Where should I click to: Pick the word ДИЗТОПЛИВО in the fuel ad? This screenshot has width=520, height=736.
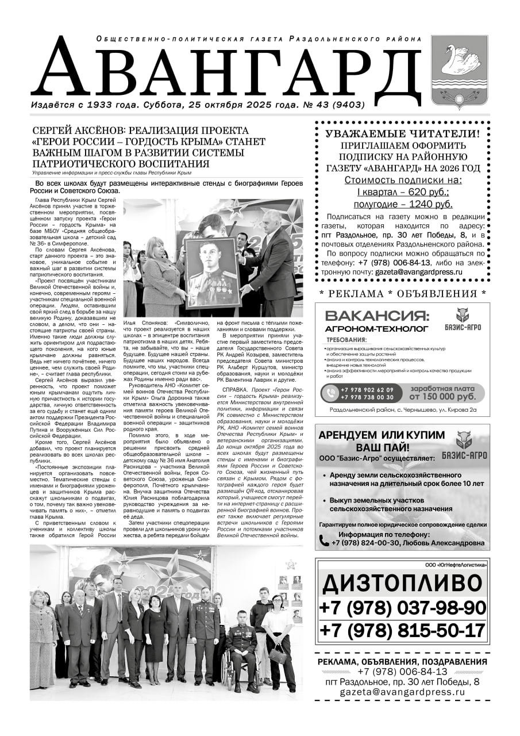[402, 584]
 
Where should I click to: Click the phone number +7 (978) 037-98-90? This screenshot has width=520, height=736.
[402, 607]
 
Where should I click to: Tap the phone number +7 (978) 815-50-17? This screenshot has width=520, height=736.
[402, 630]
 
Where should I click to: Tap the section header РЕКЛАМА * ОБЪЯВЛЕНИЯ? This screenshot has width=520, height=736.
[402, 293]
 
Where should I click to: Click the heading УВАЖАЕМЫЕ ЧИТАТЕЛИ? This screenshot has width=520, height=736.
[402, 133]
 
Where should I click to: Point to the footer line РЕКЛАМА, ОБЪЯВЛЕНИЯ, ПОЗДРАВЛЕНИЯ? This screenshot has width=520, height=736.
[402, 662]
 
